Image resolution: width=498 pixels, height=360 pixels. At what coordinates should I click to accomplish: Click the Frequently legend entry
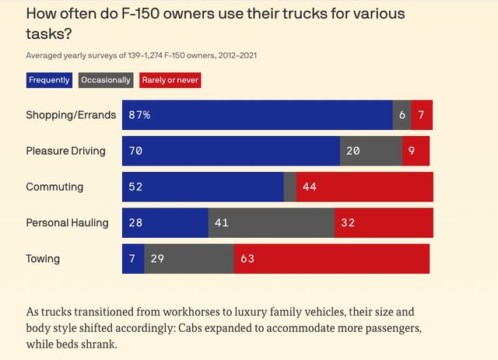[x=49, y=80]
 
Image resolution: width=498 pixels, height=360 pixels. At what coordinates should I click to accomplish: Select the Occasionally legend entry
[x=106, y=80]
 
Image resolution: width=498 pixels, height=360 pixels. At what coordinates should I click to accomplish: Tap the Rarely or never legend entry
[x=170, y=80]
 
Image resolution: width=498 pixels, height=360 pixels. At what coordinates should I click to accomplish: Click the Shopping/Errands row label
[x=71, y=115]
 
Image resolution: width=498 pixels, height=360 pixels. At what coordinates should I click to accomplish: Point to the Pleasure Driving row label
[x=65, y=151]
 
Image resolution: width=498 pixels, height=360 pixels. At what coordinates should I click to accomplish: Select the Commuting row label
[x=54, y=187]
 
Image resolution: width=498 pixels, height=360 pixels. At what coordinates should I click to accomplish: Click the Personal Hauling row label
[x=67, y=223]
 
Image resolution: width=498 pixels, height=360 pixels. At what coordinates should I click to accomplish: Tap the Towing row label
[x=43, y=259]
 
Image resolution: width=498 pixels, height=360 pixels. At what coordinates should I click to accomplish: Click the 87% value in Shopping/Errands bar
[x=140, y=115]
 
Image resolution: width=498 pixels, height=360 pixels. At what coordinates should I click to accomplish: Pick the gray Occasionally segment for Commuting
[x=289, y=187]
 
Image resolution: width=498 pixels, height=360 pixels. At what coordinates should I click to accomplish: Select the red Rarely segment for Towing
[x=331, y=259]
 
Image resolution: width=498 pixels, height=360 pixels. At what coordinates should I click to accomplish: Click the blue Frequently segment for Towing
[x=133, y=259]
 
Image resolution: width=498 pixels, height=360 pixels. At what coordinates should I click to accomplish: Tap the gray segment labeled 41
[x=271, y=223]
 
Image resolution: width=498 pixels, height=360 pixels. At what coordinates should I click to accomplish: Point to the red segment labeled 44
[x=364, y=187]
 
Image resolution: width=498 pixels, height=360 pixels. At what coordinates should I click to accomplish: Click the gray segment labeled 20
[x=370, y=151]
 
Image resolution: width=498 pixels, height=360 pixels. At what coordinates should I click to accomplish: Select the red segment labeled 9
[x=416, y=151]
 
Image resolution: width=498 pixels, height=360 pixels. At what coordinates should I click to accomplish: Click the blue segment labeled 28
[x=165, y=223]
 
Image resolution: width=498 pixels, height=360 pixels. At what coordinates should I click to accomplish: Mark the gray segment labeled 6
[x=402, y=115]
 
